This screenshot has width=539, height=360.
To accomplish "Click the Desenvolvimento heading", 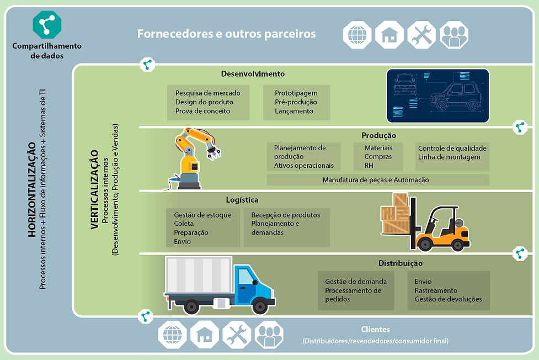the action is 253,74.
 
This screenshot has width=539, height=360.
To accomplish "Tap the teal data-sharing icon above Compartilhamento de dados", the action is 47,24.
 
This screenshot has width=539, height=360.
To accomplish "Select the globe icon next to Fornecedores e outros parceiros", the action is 357,35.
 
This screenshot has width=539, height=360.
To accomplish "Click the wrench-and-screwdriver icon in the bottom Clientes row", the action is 237,335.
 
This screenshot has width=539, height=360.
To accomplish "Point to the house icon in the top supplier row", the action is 389,35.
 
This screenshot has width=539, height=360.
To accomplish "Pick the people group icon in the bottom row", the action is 269,335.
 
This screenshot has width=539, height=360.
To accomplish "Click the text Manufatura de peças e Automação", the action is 376,180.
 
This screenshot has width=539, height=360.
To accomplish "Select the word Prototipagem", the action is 296,93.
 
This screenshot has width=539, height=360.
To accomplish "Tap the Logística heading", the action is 242,200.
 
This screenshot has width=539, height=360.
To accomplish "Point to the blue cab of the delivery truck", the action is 253,282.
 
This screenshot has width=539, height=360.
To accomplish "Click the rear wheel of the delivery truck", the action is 191,306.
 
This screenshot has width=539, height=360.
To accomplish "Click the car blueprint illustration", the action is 437,96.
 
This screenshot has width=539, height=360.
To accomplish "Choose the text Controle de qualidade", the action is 452,149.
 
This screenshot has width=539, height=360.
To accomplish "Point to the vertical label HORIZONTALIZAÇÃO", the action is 31,189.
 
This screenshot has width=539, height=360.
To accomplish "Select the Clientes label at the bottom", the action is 375,330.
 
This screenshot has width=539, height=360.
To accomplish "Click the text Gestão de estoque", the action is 202,215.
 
